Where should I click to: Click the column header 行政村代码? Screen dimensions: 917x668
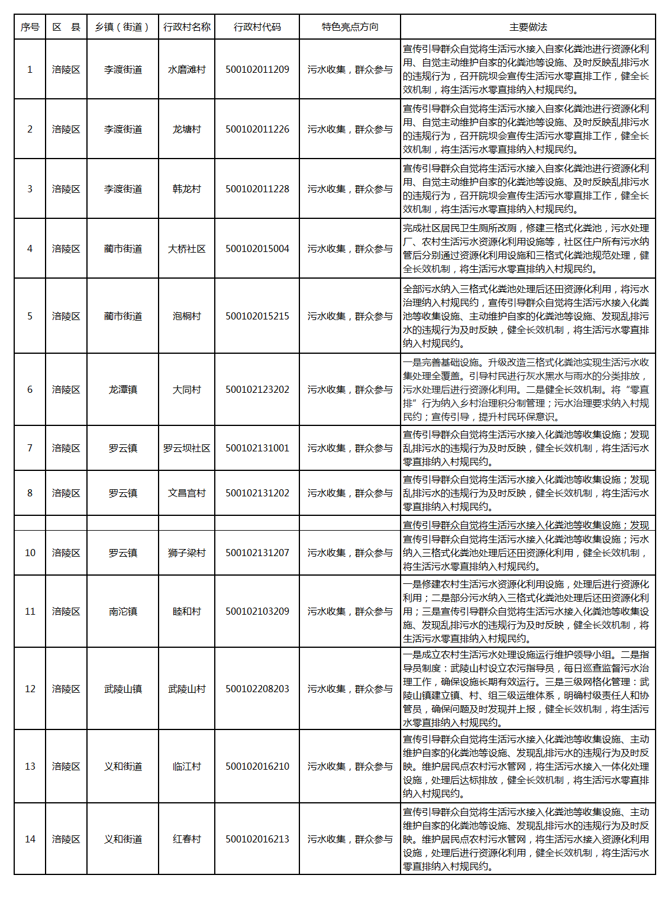pos(257,27)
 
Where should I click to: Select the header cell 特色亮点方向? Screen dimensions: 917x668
pos(350,27)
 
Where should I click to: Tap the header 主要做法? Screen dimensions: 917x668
pos(528,27)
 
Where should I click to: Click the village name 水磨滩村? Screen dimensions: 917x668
pos(186,69)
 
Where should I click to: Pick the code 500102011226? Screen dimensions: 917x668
pos(257,129)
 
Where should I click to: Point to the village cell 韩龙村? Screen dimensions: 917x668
pos(186,189)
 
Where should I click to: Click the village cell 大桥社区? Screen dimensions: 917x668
pos(186,248)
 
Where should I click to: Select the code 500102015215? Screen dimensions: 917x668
pos(257,316)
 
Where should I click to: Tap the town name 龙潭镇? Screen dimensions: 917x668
pos(122,389)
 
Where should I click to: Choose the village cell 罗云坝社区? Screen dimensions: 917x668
pos(186,448)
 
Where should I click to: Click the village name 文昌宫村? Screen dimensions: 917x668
pos(186,493)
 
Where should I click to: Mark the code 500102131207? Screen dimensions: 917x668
pos(257,553)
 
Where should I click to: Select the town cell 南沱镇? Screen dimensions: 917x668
pos(122,611)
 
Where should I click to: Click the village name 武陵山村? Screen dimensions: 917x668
pos(186,689)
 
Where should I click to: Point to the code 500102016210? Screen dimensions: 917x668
pos(257,766)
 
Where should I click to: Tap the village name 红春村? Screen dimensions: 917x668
pos(186,839)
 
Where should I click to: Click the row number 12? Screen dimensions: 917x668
pos(30,689)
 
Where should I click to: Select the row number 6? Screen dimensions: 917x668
pos(30,389)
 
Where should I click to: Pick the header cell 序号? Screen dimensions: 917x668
pos(30,27)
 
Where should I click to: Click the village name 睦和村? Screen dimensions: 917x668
pos(186,611)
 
